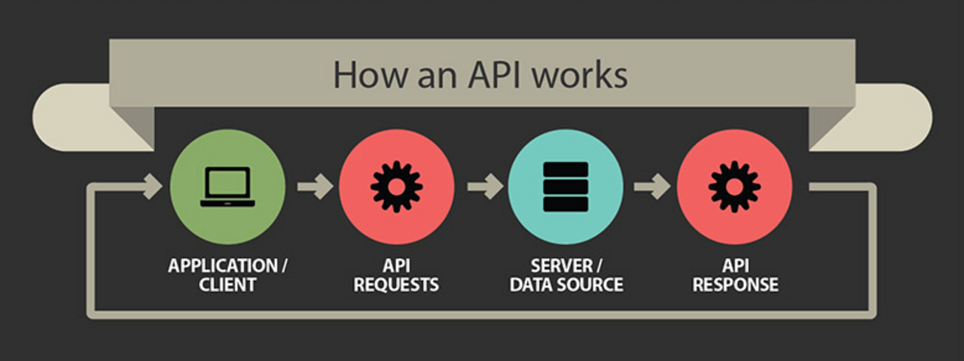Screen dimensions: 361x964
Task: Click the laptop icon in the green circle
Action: pyautogui.click(x=227, y=187)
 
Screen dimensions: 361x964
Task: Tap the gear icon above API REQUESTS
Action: pyautogui.click(x=396, y=186)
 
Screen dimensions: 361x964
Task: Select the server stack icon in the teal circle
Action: pyautogui.click(x=565, y=186)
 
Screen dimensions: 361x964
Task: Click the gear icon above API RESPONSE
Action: pyautogui.click(x=734, y=186)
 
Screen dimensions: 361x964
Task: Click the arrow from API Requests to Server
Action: pyautogui.click(x=485, y=186)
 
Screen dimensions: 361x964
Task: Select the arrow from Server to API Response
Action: pyautogui.click(x=652, y=186)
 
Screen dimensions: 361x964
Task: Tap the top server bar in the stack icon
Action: pyautogui.click(x=565, y=168)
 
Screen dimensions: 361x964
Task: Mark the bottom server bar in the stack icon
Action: pyautogui.click(x=565, y=204)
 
